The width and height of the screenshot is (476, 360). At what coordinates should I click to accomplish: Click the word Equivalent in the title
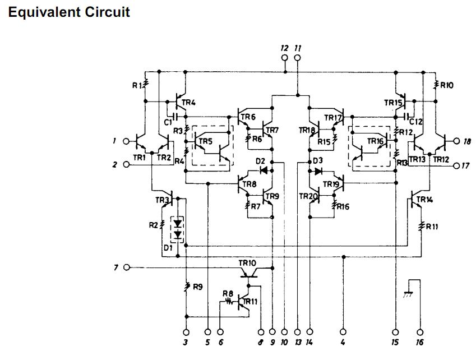point(45,12)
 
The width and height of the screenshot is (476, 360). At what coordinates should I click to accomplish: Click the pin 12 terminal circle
point(284,58)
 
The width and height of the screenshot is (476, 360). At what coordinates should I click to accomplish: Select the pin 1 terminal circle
point(126,141)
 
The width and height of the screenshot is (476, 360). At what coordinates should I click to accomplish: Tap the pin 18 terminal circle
point(456,141)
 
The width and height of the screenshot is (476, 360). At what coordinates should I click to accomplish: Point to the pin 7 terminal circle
point(127,267)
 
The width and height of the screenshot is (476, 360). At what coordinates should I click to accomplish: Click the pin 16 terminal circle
point(420,333)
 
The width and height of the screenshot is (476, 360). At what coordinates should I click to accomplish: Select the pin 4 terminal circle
point(343,333)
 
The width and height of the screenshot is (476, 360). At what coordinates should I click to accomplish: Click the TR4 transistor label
point(188,103)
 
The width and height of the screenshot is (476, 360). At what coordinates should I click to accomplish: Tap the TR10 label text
point(247,263)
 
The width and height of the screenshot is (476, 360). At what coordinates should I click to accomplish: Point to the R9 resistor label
point(197,287)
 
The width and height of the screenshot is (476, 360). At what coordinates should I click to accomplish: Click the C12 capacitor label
point(416,122)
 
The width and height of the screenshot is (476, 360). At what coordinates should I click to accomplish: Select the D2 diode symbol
point(264,170)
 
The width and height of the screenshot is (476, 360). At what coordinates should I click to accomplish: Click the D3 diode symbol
point(318,172)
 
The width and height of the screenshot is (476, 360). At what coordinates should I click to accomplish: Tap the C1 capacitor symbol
point(175,116)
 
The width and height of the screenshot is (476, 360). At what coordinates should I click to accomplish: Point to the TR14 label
point(424,200)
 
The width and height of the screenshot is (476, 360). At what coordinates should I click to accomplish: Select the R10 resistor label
point(446,86)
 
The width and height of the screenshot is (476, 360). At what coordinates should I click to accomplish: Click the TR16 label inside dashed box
point(375,141)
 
